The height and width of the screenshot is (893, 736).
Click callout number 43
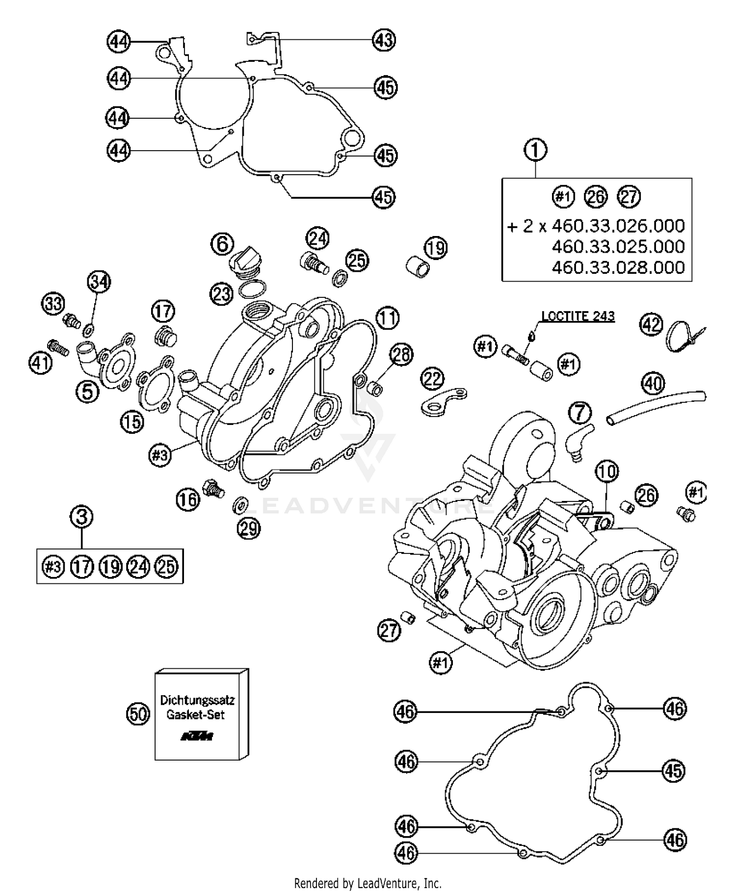coord(384,39)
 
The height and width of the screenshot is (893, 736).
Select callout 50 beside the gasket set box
coord(138,714)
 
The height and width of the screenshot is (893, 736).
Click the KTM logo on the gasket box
coord(197,736)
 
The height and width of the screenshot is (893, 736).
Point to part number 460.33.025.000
coord(618,246)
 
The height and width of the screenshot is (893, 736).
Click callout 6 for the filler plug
coord(222,243)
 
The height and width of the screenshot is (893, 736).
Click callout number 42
coord(652,325)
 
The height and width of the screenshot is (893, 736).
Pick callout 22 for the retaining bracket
coord(433,378)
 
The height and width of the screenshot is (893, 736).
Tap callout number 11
coord(388,318)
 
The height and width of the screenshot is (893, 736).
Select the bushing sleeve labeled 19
coord(418,265)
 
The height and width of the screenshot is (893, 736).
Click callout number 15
coord(132,421)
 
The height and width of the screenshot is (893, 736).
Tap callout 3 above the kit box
coord(81,517)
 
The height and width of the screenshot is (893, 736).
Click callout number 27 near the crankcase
coord(389,630)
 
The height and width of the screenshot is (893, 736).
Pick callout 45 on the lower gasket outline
coord(673,771)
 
